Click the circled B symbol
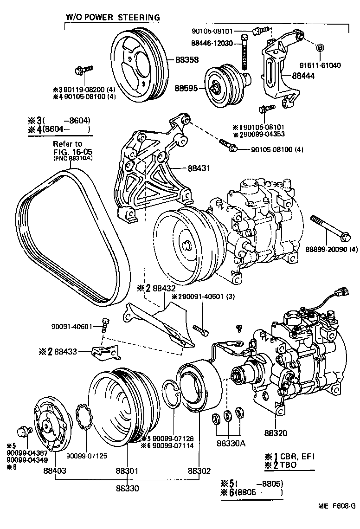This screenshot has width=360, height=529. [320, 48]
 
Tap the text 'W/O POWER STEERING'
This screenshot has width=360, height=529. [113, 17]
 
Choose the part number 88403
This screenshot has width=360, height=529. [55, 471]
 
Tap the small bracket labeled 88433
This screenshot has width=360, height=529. [104, 353]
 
